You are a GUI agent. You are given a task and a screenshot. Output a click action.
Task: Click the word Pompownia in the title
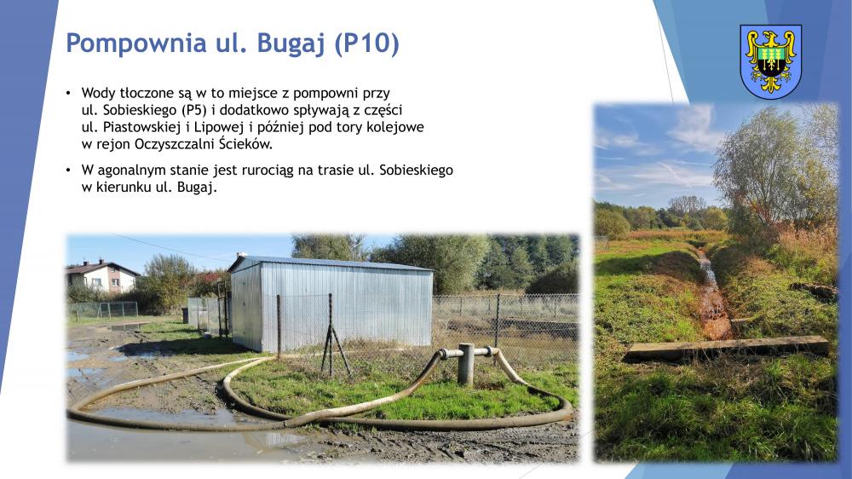(x=136, y=43)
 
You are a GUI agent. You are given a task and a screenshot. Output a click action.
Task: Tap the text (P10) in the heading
(x=366, y=43)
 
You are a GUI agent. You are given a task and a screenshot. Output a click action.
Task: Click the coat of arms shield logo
(x=770, y=61)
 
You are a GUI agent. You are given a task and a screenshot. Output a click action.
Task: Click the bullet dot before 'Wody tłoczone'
(x=68, y=94)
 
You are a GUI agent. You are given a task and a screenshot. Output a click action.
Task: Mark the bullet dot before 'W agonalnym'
(x=68, y=170)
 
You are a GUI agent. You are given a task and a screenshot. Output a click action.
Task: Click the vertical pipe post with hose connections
(x=466, y=364)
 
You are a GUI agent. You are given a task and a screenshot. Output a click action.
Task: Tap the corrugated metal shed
(x=331, y=303)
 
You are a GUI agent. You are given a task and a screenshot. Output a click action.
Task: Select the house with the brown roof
(x=102, y=276)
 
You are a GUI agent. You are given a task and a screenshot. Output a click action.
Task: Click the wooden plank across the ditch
(x=726, y=348)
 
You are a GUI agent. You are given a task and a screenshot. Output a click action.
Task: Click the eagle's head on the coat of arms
(x=770, y=38)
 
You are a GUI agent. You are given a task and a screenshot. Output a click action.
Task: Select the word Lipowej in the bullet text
(x=216, y=127)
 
